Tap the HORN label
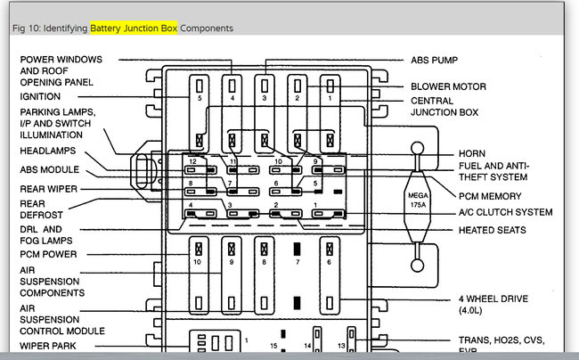[472, 153]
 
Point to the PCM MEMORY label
[491, 195]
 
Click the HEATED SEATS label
[492, 230]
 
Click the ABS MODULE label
[50, 169]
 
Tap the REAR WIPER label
[48, 188]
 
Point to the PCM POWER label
[49, 254]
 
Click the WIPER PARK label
[47, 346]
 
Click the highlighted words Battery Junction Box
[134, 29]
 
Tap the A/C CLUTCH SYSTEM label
[505, 212]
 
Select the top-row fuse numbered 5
[200, 87]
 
